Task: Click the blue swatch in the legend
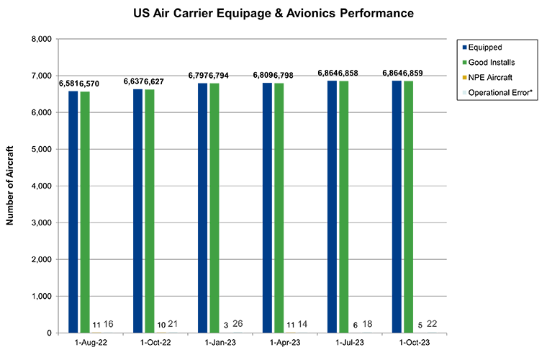[x=464, y=48]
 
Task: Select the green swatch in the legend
[x=464, y=63]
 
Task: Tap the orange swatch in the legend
[x=464, y=77]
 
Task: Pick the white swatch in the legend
[x=464, y=91]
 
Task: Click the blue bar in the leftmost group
[x=71, y=209]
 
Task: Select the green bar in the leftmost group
[x=86, y=209]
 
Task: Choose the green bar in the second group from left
[x=151, y=209]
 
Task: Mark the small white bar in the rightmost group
[x=432, y=327]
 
